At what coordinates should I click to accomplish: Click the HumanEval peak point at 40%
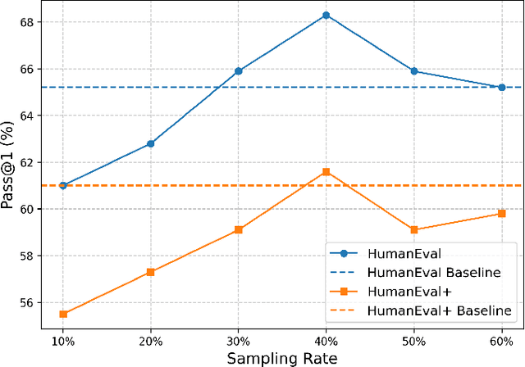click(326, 15)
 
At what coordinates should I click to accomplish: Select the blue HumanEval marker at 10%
click(63, 185)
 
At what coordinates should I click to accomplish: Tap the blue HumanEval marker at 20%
click(151, 143)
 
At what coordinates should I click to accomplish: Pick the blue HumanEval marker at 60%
click(501, 87)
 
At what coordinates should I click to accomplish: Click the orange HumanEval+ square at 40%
click(326, 171)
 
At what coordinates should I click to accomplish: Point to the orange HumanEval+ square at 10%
click(63, 314)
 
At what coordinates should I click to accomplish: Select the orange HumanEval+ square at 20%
click(151, 272)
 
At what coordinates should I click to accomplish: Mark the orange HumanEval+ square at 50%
click(413, 229)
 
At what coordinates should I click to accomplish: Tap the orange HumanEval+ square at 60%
click(501, 213)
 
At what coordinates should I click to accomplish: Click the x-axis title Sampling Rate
click(282, 358)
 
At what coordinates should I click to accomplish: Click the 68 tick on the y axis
click(28, 22)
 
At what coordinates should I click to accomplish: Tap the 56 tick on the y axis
click(28, 302)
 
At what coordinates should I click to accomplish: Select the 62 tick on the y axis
click(28, 162)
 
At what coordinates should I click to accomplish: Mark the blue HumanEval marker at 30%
click(238, 71)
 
